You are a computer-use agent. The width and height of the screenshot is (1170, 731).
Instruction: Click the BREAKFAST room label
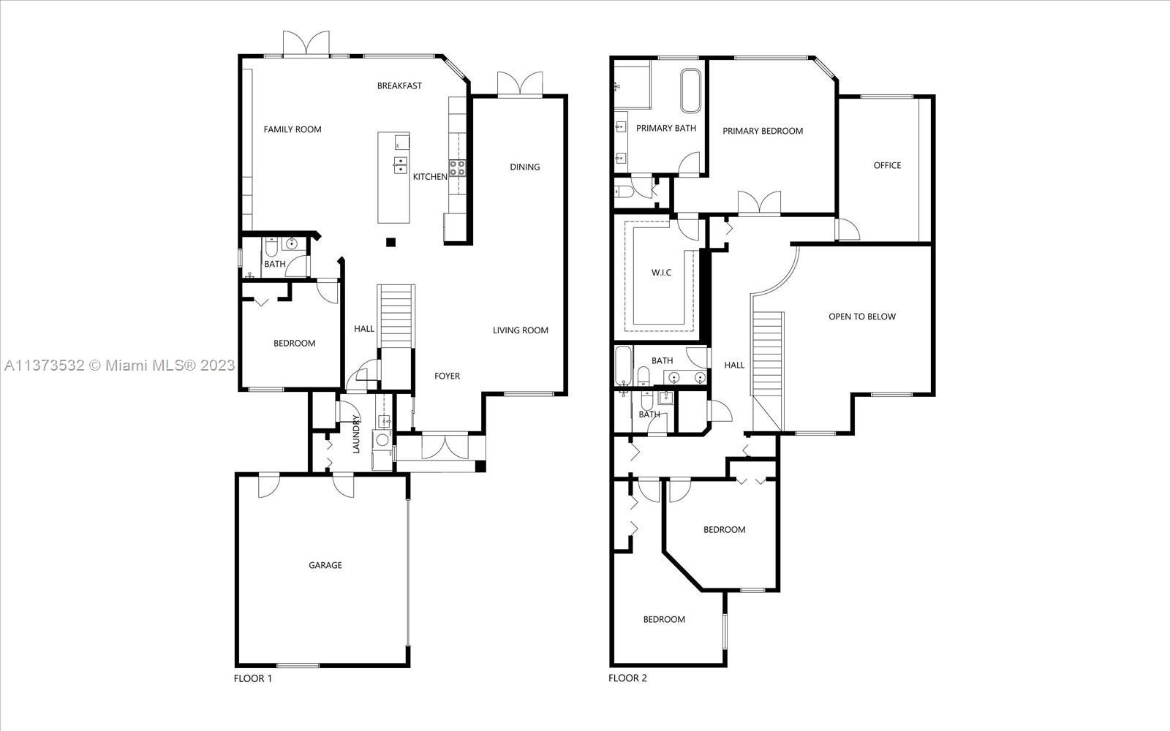[399, 86]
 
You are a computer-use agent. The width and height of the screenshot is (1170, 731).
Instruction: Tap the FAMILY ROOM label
[292, 129]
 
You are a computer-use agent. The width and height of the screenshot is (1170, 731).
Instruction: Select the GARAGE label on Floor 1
[325, 565]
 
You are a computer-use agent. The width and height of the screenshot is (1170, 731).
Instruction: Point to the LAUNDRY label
[356, 434]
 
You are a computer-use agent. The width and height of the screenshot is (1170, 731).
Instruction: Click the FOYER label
[447, 376]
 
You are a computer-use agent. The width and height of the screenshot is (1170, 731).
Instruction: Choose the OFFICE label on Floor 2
[888, 165]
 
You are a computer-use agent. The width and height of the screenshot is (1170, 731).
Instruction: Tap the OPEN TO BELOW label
[862, 317]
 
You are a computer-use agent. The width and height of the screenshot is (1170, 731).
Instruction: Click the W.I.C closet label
[661, 273]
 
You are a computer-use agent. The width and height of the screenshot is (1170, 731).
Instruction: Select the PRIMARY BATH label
[666, 128]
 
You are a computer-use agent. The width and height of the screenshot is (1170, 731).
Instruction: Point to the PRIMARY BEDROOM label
[763, 131]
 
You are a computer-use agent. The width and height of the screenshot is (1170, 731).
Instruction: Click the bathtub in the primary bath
[690, 91]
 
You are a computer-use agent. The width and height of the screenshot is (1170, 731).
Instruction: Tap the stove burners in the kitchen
[458, 168]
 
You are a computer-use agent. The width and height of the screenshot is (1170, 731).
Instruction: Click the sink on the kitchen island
[400, 164]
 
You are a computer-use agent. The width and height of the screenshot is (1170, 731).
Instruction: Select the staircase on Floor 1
[396, 316]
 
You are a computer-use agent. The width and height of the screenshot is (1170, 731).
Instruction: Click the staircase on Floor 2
[768, 372]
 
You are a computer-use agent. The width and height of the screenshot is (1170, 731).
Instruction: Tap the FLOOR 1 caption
[253, 678]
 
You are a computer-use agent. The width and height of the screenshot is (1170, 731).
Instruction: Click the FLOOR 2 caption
[628, 678]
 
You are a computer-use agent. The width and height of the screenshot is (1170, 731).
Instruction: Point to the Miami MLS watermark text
[120, 365]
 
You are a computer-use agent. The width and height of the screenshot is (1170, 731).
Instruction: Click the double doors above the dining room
[520, 83]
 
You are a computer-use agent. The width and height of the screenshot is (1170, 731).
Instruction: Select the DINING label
[525, 167]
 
